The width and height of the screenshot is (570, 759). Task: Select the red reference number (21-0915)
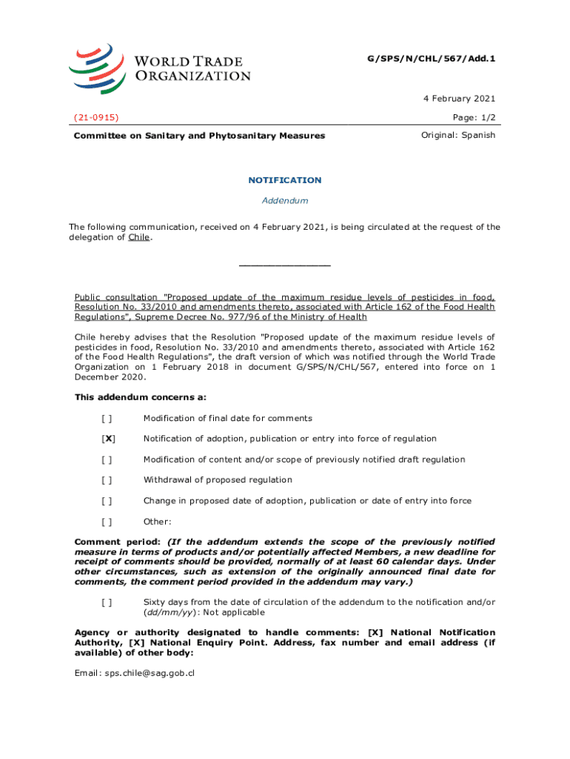pyautogui.click(x=97, y=117)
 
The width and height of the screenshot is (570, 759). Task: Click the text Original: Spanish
pyautogui.click(x=458, y=135)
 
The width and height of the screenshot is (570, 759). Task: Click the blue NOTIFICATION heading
pyautogui.click(x=284, y=180)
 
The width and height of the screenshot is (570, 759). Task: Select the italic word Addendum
pyautogui.click(x=284, y=201)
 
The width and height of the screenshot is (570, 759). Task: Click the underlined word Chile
pyautogui.click(x=138, y=237)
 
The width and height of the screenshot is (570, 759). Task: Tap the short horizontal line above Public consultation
pyautogui.click(x=284, y=265)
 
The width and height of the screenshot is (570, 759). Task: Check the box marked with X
pyautogui.click(x=107, y=439)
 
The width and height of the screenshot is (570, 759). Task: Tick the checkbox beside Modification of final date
pyautogui.click(x=107, y=418)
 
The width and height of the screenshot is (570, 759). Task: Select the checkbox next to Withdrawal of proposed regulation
pyautogui.click(x=107, y=480)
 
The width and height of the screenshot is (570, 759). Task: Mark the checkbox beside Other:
pyautogui.click(x=107, y=521)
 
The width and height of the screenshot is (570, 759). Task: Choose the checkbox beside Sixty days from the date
pyautogui.click(x=107, y=602)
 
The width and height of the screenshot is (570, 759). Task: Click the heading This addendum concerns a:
pyautogui.click(x=140, y=397)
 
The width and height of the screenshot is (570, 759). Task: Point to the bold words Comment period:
pyautogui.click(x=118, y=542)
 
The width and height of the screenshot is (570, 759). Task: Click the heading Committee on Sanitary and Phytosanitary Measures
pyautogui.click(x=199, y=136)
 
